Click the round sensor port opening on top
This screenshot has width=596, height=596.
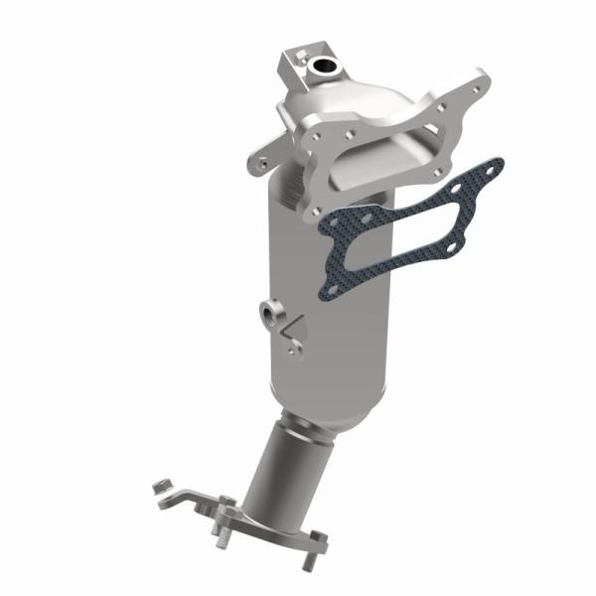tap(323, 69)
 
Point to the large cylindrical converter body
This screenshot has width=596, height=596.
tap(328, 298)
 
